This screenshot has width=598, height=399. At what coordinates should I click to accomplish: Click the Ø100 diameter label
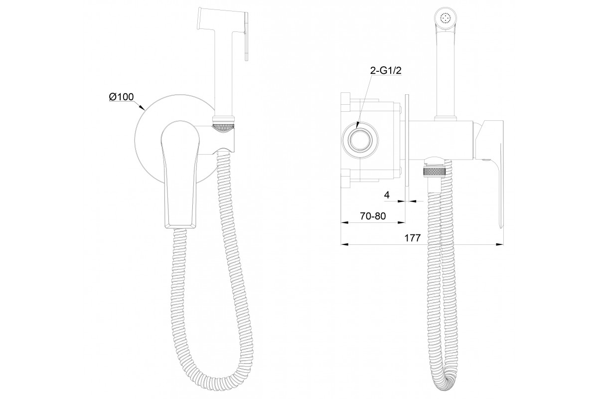pos(121,97)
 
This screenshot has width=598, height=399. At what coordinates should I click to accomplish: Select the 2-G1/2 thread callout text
pos(386,70)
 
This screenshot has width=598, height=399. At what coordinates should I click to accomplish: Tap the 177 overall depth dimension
pos(413,237)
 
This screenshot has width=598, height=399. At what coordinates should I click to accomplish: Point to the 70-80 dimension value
pos(373,215)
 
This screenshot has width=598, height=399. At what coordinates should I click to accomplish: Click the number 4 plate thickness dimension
pos(387,195)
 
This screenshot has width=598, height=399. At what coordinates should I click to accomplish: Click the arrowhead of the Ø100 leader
pos(143,107)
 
